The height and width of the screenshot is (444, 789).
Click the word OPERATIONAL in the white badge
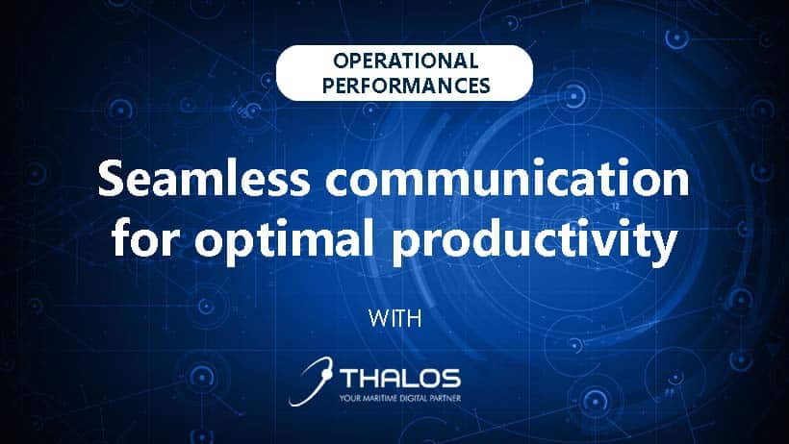pyautogui.click(x=405, y=61)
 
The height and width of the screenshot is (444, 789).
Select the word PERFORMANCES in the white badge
pyautogui.click(x=406, y=86)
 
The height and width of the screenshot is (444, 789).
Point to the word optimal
pyautogui.click(x=284, y=241)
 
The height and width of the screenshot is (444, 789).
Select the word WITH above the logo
pyautogui.click(x=394, y=318)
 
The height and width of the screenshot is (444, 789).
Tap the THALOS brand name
pyautogui.click(x=401, y=378)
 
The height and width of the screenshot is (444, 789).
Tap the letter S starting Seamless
pyautogui.click(x=111, y=179)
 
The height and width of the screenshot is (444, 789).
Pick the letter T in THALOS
pyautogui.click(x=352, y=378)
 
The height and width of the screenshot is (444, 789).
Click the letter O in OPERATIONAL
pyautogui.click(x=342, y=61)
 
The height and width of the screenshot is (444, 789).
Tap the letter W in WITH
pyautogui.click(x=380, y=318)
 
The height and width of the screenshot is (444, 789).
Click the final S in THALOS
pyautogui.click(x=451, y=378)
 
